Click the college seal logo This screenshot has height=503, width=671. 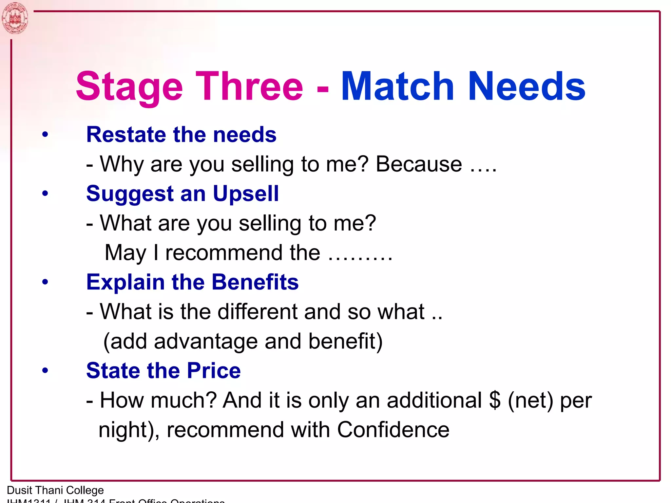point(15,18)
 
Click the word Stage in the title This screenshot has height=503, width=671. point(129,87)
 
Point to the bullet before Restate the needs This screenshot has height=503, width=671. point(45,134)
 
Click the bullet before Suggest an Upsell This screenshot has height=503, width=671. point(45,193)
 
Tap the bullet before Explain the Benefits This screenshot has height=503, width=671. point(45,282)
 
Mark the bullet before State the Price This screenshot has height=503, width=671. point(45,370)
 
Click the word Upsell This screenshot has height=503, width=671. point(246,194)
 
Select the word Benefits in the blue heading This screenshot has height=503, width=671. point(255,282)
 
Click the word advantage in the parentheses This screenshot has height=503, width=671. point(206,341)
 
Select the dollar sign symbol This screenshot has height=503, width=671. point(495,400)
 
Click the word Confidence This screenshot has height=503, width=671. point(393,430)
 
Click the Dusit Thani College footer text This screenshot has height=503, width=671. point(55,490)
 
